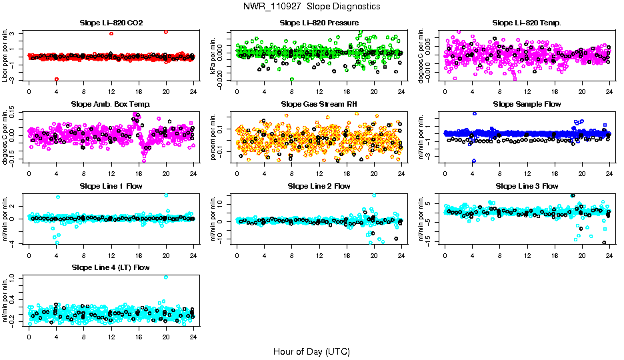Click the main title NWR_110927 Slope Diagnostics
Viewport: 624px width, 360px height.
[x=312, y=6]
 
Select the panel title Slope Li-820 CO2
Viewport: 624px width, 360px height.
[x=111, y=23]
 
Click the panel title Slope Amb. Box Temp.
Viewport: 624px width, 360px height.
[x=111, y=104]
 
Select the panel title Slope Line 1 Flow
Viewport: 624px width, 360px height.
[x=111, y=186]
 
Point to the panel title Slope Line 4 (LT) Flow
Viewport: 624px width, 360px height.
[x=111, y=267]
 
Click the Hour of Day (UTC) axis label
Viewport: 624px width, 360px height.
[x=311, y=351]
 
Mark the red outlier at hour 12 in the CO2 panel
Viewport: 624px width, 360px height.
[x=111, y=33]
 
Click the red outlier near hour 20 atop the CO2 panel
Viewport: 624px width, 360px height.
[x=165, y=31]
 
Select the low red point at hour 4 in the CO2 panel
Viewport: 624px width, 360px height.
[x=57, y=79]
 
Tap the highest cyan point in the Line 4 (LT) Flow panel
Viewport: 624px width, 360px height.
[x=165, y=277]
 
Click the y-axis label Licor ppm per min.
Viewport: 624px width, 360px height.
[x=5, y=57]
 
